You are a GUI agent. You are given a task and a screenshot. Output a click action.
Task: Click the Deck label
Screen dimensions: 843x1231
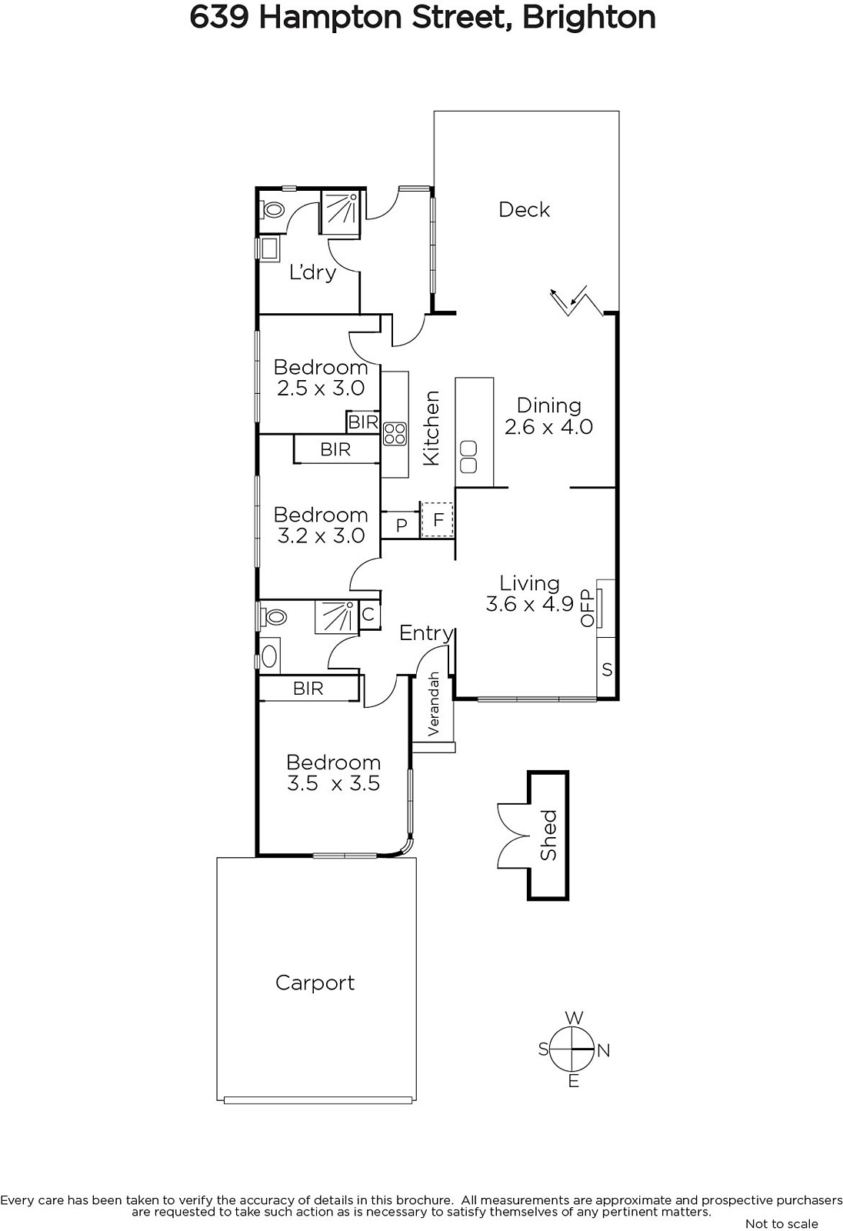tap(524, 209)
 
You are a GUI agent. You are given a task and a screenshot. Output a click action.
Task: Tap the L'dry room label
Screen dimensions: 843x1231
tap(313, 272)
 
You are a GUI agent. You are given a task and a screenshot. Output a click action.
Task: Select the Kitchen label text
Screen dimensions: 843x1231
tap(432, 428)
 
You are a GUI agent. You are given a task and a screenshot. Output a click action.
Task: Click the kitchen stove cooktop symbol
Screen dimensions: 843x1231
tap(395, 433)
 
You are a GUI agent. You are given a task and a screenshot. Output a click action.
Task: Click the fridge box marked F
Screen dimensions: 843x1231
tap(438, 519)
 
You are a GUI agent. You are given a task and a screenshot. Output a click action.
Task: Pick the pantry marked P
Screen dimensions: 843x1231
tap(402, 525)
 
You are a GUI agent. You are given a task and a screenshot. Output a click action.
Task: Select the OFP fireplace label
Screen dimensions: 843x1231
tap(588, 608)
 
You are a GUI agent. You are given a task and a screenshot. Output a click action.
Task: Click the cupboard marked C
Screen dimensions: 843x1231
tap(368, 614)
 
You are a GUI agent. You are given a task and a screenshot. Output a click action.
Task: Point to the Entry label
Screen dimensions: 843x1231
tap(426, 634)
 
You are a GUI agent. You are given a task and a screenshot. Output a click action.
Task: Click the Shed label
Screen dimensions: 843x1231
tap(548, 835)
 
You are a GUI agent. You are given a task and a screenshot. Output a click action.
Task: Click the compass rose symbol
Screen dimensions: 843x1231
tap(573, 1050)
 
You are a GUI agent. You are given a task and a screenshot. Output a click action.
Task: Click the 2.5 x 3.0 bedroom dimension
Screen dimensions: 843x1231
tap(321, 389)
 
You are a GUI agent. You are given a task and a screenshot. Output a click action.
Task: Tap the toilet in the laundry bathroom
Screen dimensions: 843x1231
tap(273, 209)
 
